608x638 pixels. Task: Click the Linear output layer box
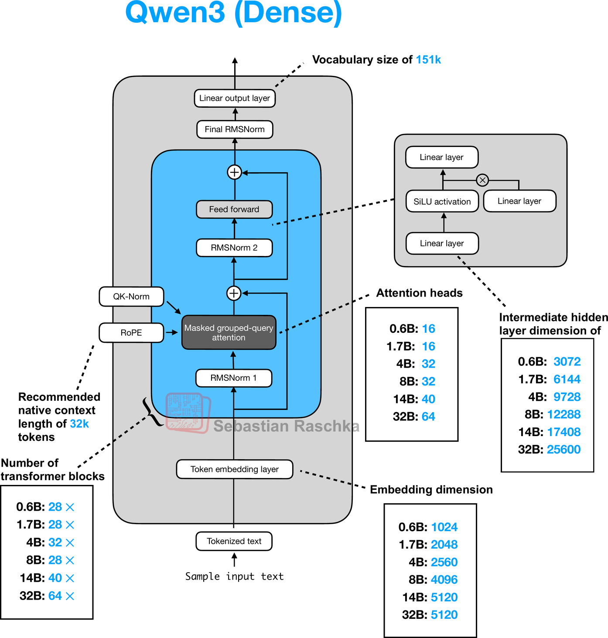[x=235, y=98]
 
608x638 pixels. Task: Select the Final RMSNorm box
[x=235, y=130]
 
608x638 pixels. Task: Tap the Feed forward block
[x=234, y=209]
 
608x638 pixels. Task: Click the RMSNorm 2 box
[x=234, y=248]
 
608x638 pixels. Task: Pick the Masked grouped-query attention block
[x=229, y=333]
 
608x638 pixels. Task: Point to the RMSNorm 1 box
[x=234, y=378]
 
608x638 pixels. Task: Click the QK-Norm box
[x=131, y=297]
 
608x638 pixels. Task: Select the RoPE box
[x=131, y=333]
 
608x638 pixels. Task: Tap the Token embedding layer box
[x=235, y=469]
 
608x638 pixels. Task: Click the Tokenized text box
[x=234, y=541]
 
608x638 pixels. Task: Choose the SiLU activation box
[x=442, y=201]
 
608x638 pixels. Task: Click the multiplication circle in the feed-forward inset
[x=482, y=180]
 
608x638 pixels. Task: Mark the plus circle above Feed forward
[x=235, y=172]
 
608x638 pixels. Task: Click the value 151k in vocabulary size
[x=428, y=60]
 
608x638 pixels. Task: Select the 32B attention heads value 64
[x=428, y=417]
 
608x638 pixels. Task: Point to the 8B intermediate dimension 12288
[x=564, y=414]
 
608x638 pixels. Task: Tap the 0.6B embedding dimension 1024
[x=444, y=527]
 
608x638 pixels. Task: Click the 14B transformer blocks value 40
[x=55, y=578]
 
